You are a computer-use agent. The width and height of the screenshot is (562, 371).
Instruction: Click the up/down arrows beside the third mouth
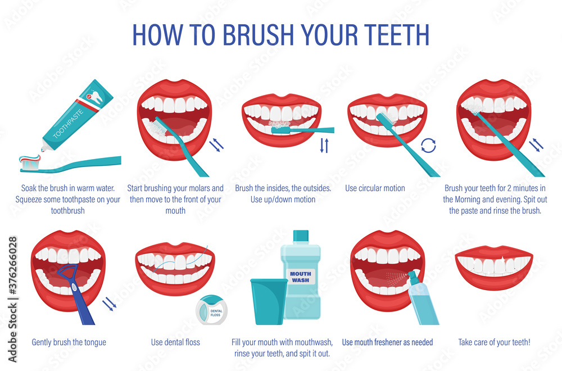tap(324, 146)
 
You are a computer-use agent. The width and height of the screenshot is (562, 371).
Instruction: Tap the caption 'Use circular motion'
tap(375, 188)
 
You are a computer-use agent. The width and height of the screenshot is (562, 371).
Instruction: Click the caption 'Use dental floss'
tap(175, 342)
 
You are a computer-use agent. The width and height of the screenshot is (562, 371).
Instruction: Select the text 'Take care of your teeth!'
tap(495, 342)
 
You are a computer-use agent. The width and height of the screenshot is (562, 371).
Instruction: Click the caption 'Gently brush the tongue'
tap(69, 342)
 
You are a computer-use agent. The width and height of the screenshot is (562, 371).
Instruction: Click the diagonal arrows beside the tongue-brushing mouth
tap(109, 305)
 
